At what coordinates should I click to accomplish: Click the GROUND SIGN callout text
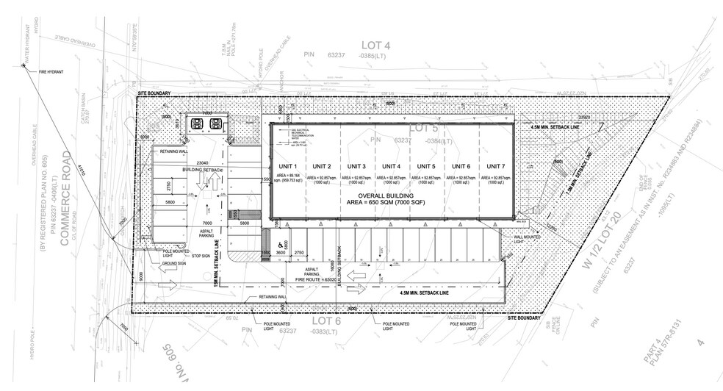175,265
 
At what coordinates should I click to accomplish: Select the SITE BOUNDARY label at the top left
154,94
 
